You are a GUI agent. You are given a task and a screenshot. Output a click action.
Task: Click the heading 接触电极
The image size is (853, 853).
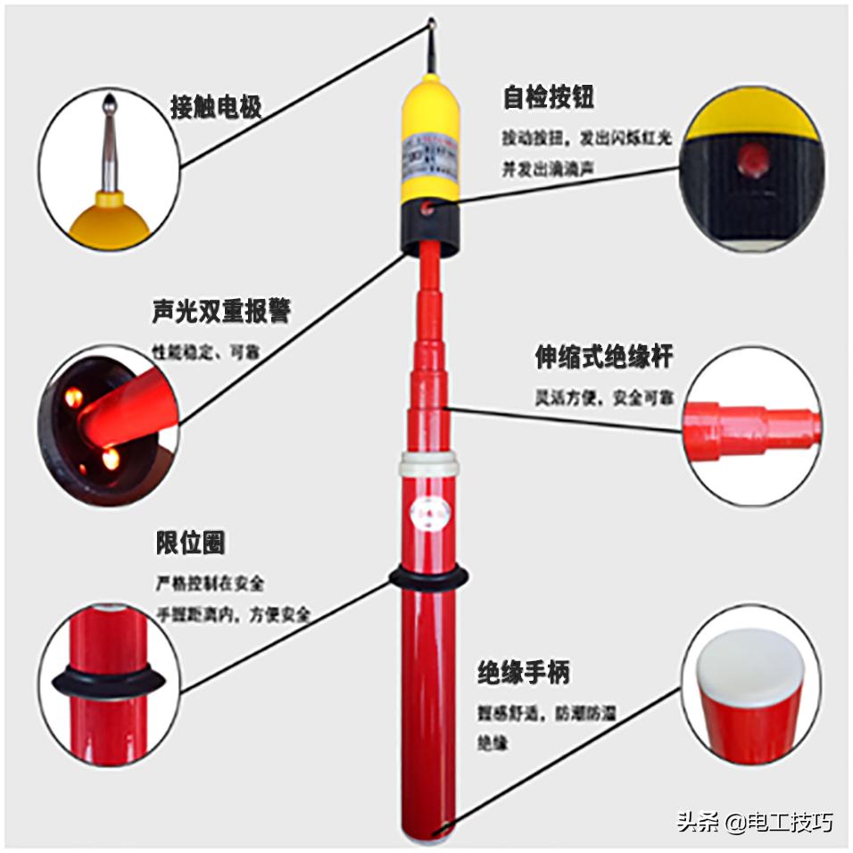[x=216, y=108]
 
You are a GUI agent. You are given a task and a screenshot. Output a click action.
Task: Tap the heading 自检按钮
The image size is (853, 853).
[x=548, y=97]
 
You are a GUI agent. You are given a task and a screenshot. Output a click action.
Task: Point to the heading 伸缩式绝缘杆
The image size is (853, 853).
[x=603, y=357]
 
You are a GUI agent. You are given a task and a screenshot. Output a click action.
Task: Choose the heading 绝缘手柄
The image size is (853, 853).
[x=523, y=672]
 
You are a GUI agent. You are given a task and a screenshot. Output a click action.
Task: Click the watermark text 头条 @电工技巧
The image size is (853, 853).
[x=754, y=821]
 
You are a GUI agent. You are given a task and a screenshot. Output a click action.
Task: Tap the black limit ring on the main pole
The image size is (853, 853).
[x=428, y=577]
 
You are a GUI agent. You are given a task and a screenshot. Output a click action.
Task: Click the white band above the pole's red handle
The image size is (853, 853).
[x=428, y=463]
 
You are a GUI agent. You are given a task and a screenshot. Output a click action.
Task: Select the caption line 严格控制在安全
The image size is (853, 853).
[x=211, y=584]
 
